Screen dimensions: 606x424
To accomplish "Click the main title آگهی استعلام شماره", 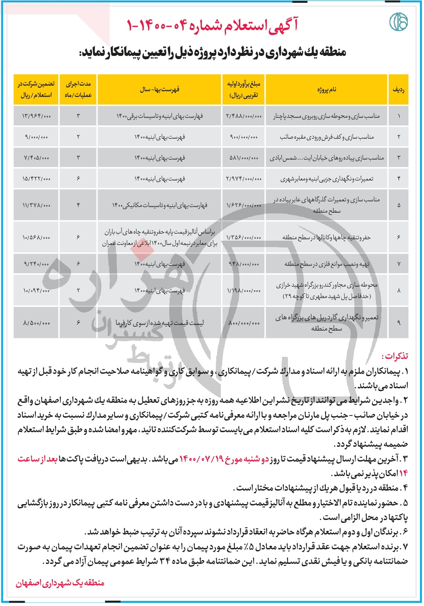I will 212,25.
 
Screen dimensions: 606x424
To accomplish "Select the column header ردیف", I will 398,90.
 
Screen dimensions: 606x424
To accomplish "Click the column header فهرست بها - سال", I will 159,90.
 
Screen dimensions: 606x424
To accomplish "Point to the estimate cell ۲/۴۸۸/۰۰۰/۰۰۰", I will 244,116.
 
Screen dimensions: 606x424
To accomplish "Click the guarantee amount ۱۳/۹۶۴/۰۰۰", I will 36,116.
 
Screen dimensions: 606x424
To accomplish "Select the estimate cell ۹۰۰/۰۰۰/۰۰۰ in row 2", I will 244,137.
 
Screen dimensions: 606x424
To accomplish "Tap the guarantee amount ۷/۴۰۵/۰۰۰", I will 36,158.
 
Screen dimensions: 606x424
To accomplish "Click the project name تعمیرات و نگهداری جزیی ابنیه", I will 327,179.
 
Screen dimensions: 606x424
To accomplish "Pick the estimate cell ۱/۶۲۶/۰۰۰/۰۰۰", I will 244,205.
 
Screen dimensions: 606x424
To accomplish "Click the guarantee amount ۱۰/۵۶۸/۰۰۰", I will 36,237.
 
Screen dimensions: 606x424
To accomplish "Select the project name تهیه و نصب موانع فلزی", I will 327,264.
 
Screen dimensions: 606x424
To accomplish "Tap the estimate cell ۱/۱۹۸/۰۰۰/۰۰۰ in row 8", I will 244,291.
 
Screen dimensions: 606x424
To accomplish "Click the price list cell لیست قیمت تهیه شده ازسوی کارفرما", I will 160,323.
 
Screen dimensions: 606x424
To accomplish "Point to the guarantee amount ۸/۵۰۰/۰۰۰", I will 36,323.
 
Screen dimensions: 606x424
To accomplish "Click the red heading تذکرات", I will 395,356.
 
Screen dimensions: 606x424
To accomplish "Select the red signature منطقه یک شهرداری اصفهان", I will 60,583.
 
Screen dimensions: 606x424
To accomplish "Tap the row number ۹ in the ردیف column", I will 399,323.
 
